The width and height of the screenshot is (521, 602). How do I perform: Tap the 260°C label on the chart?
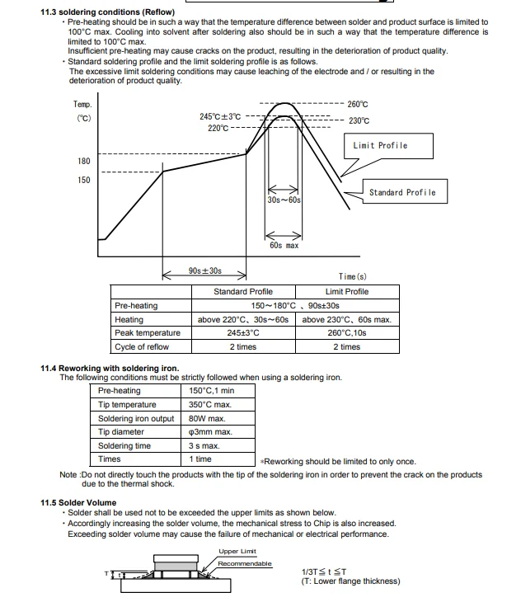(358, 105)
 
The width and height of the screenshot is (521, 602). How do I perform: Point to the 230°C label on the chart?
(359, 120)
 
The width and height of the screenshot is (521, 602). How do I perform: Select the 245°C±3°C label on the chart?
(220, 116)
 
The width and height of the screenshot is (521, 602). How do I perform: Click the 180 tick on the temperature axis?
(84, 161)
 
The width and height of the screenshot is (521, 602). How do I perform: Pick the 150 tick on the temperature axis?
(84, 180)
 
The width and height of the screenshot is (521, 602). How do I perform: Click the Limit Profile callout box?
(380, 146)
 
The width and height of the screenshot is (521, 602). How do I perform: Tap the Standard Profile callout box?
(402, 193)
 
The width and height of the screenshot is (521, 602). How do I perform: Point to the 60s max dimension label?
(284, 246)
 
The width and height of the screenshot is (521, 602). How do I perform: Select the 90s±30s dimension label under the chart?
(204, 270)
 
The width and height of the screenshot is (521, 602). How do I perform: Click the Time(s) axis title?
(353, 277)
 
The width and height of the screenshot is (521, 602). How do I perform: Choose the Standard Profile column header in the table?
(243, 292)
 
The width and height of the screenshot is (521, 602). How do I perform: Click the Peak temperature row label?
(148, 333)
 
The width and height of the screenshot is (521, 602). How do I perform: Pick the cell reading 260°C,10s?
(347, 333)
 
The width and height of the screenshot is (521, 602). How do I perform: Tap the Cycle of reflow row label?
(142, 347)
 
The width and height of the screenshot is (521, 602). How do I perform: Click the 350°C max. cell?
(210, 405)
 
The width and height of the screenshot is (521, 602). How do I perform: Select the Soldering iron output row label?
(136, 418)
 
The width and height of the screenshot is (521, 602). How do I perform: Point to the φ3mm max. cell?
(211, 432)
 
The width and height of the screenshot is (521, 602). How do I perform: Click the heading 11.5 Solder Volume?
(78, 502)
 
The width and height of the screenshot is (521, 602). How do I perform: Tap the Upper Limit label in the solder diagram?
(237, 552)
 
